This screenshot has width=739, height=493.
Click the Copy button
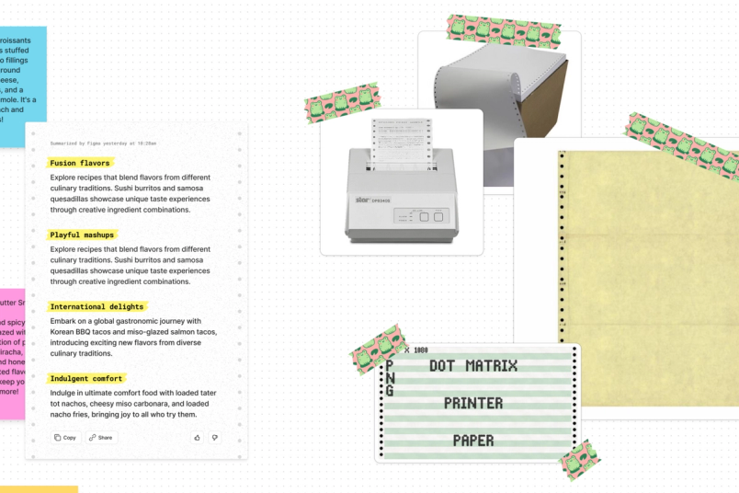click(x=65, y=438)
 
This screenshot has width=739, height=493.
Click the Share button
click(x=101, y=438)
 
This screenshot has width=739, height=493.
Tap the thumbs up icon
click(x=197, y=438)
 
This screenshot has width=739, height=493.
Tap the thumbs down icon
click(x=215, y=438)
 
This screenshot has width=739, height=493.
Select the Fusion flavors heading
click(x=80, y=163)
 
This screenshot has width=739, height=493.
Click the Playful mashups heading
click(x=83, y=235)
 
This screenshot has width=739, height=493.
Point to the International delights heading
click(x=98, y=306)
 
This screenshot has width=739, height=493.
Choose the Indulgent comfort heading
click(x=86, y=378)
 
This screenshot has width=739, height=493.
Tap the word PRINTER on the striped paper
click(x=472, y=403)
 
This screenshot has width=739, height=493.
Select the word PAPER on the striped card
click(x=473, y=440)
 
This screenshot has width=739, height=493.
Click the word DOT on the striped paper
click(x=443, y=366)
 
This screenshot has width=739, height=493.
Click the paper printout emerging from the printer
click(x=401, y=143)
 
